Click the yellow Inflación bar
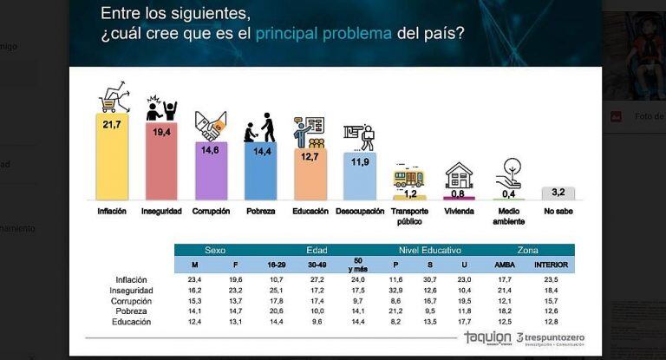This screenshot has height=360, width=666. (112, 160)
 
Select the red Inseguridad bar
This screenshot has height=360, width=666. (161, 165)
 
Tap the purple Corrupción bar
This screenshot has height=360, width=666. (211, 173)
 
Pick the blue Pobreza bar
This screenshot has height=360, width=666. (260, 173)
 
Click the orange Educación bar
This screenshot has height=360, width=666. (310, 178)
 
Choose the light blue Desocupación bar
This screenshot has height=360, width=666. (359, 180)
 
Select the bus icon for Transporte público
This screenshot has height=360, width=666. (408, 178)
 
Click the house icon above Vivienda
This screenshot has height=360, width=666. (459, 175)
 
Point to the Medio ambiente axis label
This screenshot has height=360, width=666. (508, 216)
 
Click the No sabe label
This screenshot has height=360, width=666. (558, 211)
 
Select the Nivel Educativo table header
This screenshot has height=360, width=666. (430, 249)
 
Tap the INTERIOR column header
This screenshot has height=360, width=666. (552, 264)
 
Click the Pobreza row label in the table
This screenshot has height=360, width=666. (133, 311)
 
